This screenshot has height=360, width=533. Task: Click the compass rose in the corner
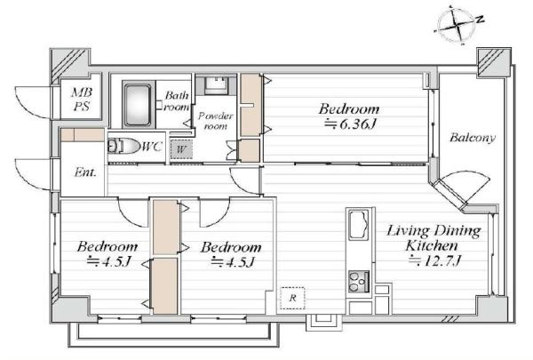click(455, 25)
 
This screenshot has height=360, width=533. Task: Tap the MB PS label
click(82, 99)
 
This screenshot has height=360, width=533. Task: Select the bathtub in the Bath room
click(138, 105)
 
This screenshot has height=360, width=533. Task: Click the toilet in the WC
click(123, 147)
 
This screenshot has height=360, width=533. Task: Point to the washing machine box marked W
click(181, 149)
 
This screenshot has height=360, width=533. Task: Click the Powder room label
click(216, 121)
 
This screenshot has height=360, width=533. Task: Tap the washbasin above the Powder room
click(216, 85)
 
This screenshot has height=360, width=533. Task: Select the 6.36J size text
click(351, 124)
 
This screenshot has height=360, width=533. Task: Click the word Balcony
click(473, 138)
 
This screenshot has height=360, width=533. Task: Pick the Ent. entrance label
click(85, 172)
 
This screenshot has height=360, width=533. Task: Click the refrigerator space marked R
click(292, 298)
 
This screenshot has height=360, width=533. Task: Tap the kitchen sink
click(359, 225)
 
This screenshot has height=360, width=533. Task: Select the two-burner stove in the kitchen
click(359, 282)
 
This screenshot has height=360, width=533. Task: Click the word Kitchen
click(432, 245)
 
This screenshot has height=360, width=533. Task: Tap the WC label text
click(152, 147)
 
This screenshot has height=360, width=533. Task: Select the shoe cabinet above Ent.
click(83, 135)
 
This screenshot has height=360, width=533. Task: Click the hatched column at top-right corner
click(494, 62)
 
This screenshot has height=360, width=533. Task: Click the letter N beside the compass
click(480, 19)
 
